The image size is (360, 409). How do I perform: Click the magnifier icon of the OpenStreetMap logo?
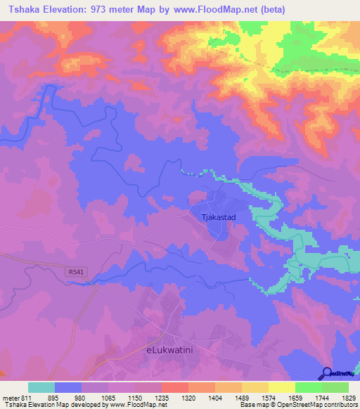(x=327, y=374)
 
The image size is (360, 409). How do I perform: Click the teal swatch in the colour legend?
(x=41, y=387)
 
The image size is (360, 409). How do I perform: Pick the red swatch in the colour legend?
(x=174, y=387)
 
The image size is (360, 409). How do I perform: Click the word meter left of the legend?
(x=10, y=397)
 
